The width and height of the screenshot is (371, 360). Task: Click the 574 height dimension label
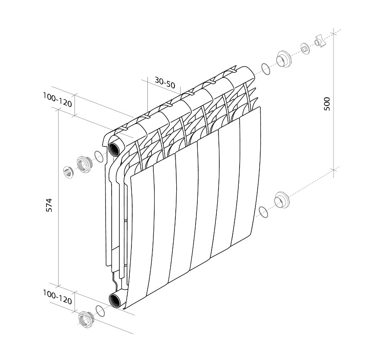point(49,205)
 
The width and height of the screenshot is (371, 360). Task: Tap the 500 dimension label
point(327,103)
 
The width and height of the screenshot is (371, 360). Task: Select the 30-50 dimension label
point(165,82)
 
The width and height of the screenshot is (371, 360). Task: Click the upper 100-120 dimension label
point(57,100)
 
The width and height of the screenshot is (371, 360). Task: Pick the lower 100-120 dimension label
point(57,297)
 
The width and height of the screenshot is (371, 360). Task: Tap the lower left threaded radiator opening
point(115,300)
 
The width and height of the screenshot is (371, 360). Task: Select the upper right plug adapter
point(284,59)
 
